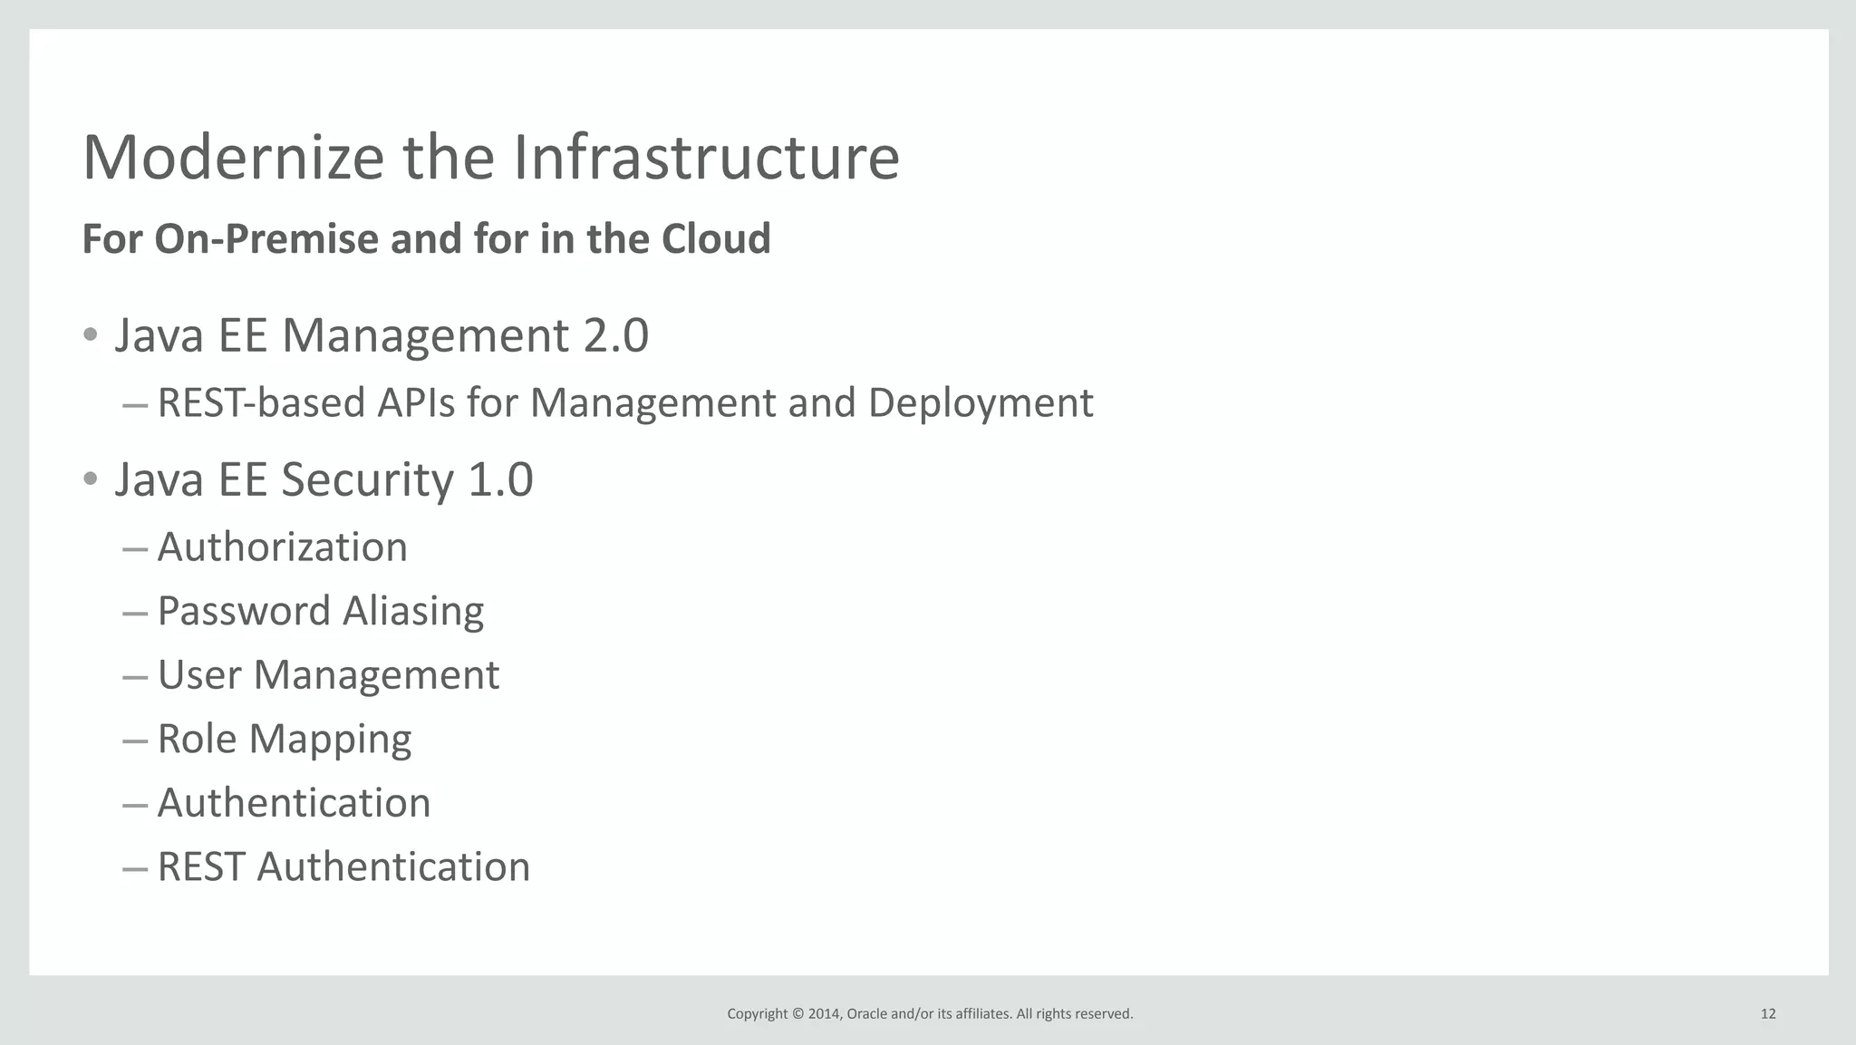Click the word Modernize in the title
pyautogui.click(x=234, y=158)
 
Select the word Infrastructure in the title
pyautogui.click(x=706, y=158)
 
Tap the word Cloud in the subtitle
pyautogui.click(x=716, y=239)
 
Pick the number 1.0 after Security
pyautogui.click(x=500, y=479)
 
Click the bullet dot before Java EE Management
pyautogui.click(x=90, y=335)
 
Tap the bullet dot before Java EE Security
pyautogui.click(x=90, y=479)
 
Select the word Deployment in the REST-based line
pyautogui.click(x=981, y=403)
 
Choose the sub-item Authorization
pyautogui.click(x=282, y=547)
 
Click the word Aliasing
pyautogui.click(x=413, y=612)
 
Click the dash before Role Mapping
pyautogui.click(x=134, y=740)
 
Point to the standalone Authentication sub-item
pyautogui.click(x=294, y=803)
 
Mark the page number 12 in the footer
pyautogui.click(x=1768, y=1014)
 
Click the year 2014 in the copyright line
pyautogui.click(x=824, y=1014)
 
